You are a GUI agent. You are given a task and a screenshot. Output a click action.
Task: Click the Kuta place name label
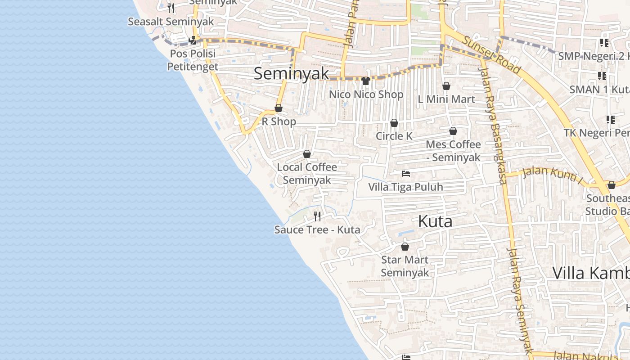tap(435, 221)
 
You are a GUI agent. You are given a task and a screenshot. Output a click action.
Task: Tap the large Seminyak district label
tap(291, 74)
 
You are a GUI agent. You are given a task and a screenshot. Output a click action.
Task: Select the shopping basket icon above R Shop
tap(279, 108)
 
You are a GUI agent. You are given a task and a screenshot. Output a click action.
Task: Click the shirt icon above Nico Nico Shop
tap(365, 81)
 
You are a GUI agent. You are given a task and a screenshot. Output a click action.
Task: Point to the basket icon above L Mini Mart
tap(446, 86)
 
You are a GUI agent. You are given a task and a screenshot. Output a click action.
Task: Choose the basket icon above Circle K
tap(394, 123)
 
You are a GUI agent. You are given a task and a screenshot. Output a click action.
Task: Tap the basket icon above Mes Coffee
tap(453, 131)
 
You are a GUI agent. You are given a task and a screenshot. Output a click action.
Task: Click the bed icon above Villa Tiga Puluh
tap(406, 173)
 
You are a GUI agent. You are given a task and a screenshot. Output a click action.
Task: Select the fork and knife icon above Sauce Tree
tap(317, 216)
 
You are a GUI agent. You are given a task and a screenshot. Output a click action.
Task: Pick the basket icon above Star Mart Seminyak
tap(405, 247)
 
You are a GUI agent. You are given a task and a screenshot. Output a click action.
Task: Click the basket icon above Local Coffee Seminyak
tap(307, 154)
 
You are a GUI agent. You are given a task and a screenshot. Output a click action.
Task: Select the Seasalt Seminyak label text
tap(171, 22)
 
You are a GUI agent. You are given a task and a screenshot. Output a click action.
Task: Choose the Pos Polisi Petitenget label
tap(193, 60)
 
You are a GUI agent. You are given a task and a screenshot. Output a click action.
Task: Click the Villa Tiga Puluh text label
tap(405, 187)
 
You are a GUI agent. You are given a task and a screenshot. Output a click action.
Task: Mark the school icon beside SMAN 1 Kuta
tap(602, 76)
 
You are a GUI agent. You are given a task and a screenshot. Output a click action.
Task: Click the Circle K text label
tap(394, 136)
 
